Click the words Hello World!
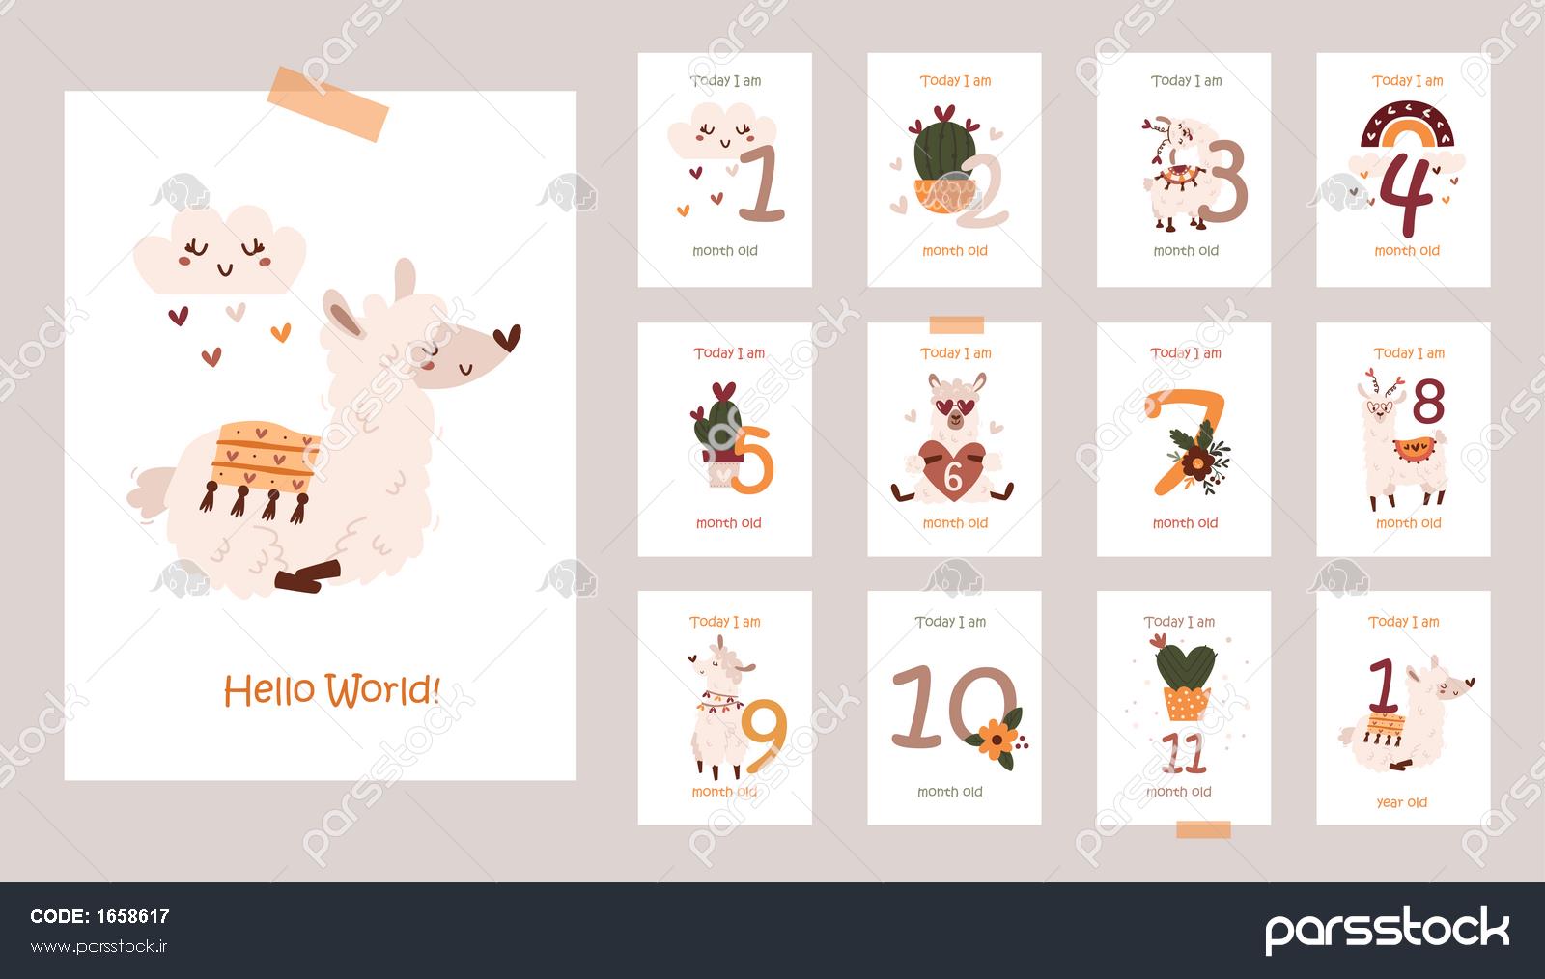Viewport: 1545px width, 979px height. pos(332,690)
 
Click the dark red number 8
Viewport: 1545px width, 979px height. pos(1428,401)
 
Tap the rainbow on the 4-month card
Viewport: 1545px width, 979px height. pos(1407,125)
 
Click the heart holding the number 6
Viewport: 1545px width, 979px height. pos(952,471)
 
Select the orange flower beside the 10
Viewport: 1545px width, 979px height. pos(996,740)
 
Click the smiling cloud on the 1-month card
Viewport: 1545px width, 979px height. pos(721,131)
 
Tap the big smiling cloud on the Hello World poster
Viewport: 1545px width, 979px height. pos(219,249)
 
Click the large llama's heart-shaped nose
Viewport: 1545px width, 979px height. pos(508,337)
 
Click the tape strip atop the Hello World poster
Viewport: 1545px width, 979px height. pos(328,103)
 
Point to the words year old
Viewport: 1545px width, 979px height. pos(1401,802)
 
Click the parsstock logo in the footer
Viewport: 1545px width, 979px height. pos(1387,929)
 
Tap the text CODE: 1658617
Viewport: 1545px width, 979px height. pos(99,916)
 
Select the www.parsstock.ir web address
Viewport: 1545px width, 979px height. pos(98,946)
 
